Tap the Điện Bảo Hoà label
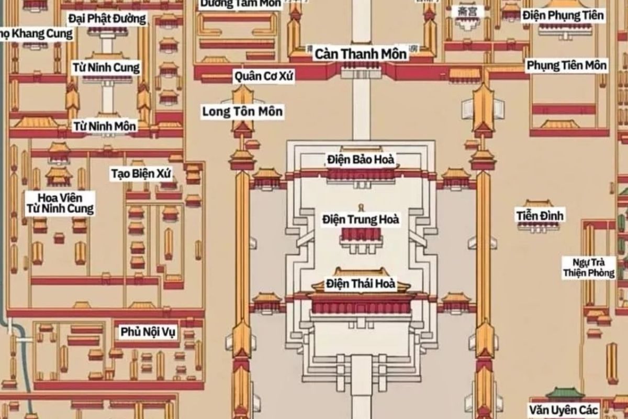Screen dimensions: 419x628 point(361,159)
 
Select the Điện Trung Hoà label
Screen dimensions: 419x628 point(361,219)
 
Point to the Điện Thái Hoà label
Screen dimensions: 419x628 point(361,284)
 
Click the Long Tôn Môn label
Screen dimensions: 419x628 point(243,111)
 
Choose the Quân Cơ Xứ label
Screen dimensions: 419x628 point(264,76)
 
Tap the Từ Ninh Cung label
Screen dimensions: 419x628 point(106,68)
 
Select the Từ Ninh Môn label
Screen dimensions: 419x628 point(105,126)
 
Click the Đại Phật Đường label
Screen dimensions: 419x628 point(107,19)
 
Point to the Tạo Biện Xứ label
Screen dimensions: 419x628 point(141,173)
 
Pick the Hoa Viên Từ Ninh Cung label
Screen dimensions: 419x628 point(60,203)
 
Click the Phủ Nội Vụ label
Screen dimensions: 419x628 point(149,332)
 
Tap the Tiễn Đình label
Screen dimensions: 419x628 point(540,215)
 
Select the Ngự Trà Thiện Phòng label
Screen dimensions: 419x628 point(589,267)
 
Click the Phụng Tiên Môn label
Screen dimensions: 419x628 point(566,65)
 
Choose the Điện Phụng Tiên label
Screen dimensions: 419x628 point(563,15)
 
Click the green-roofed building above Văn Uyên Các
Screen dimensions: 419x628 point(565,393)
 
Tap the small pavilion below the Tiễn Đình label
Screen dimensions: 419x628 point(539,226)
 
